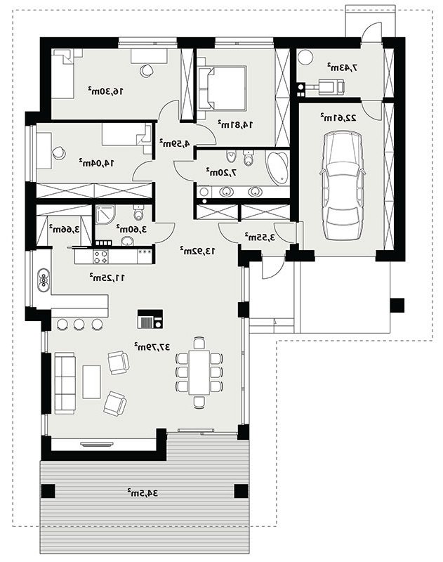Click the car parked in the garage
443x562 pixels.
tap(343, 185)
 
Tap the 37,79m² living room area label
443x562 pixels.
tap(152, 346)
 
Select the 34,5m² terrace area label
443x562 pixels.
tap(143, 493)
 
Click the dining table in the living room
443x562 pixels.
tap(199, 372)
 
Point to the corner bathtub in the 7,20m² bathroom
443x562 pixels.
tap(277, 168)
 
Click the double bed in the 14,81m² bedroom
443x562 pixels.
tap(222, 88)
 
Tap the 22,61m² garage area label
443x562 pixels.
tap(338, 117)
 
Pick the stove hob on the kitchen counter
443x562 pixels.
tap(100, 256)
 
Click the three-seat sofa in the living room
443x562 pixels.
tap(65, 383)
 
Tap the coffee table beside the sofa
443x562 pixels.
tap(91, 382)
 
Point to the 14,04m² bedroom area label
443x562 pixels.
tap(96, 163)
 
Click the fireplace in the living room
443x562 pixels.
tap(150, 320)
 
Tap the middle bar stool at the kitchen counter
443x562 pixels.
tap(79, 324)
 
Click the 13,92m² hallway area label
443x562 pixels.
tap(198, 251)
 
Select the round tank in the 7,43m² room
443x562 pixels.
tap(306, 58)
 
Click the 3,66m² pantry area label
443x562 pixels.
tap(64, 230)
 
